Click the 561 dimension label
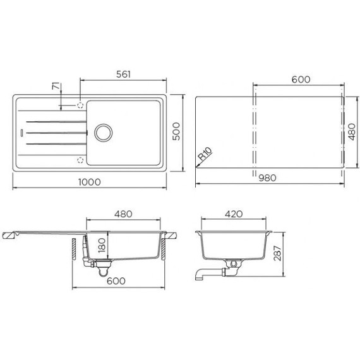click(x=123, y=75)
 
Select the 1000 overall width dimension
click(x=91, y=182)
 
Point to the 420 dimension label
click(x=234, y=214)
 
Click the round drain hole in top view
click(x=102, y=132)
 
